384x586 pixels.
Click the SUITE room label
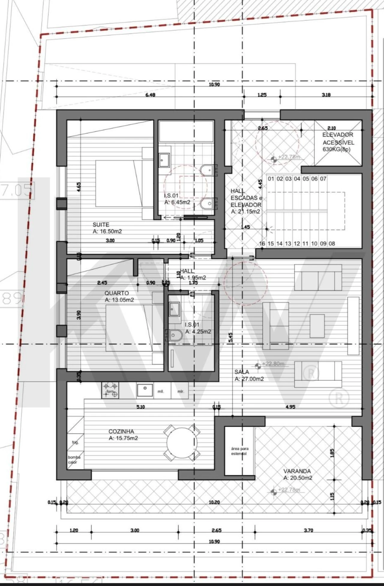click(101, 224)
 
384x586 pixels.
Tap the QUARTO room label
click(116, 293)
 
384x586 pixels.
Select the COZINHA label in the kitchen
click(121, 431)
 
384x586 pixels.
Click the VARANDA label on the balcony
click(297, 471)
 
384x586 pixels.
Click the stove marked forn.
click(110, 390)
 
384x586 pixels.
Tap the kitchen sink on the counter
click(145, 390)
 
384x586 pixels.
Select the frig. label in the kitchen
click(75, 442)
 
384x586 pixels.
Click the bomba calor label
click(74, 460)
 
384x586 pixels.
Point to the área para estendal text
click(239, 451)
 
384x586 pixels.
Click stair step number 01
click(271, 179)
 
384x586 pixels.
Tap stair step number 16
click(262, 244)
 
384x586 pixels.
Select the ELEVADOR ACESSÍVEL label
click(338, 139)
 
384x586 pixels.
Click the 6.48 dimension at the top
click(150, 95)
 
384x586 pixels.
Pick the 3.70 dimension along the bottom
click(308, 530)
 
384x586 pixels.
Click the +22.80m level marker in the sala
click(273, 364)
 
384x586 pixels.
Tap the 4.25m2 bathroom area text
click(198, 332)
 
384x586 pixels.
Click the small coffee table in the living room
click(317, 326)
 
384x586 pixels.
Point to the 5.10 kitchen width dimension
click(140, 407)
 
